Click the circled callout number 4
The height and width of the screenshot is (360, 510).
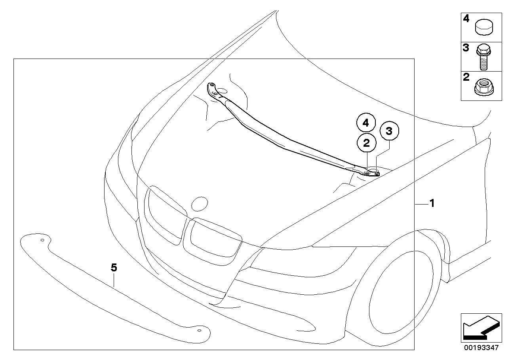click(x=366, y=123)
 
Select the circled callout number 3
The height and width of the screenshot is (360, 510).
click(x=389, y=131)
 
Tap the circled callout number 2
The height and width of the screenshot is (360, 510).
click(x=366, y=143)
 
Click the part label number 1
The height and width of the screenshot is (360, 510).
click(x=432, y=203)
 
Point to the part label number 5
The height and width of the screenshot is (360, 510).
click(x=114, y=268)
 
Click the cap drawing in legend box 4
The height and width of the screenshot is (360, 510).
click(x=484, y=27)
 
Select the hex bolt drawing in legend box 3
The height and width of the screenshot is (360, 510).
click(x=483, y=57)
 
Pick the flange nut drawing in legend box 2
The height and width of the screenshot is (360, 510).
click(x=484, y=87)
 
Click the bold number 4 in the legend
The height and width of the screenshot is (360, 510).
click(x=466, y=19)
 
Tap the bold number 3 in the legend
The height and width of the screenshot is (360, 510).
click(x=466, y=48)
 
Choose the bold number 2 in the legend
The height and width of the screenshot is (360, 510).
click(x=466, y=77)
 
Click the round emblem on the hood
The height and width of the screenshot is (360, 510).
click(x=200, y=204)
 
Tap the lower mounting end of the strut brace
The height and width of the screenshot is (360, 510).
click(x=371, y=173)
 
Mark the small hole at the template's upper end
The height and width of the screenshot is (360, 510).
click(x=42, y=240)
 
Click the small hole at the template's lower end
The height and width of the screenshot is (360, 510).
click(x=199, y=330)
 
